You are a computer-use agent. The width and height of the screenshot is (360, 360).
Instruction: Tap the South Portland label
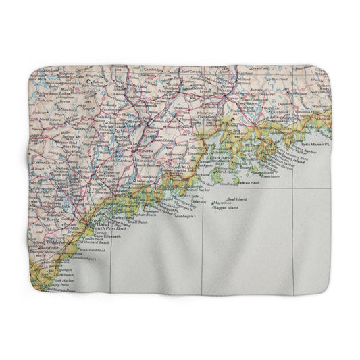tap(107, 230)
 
